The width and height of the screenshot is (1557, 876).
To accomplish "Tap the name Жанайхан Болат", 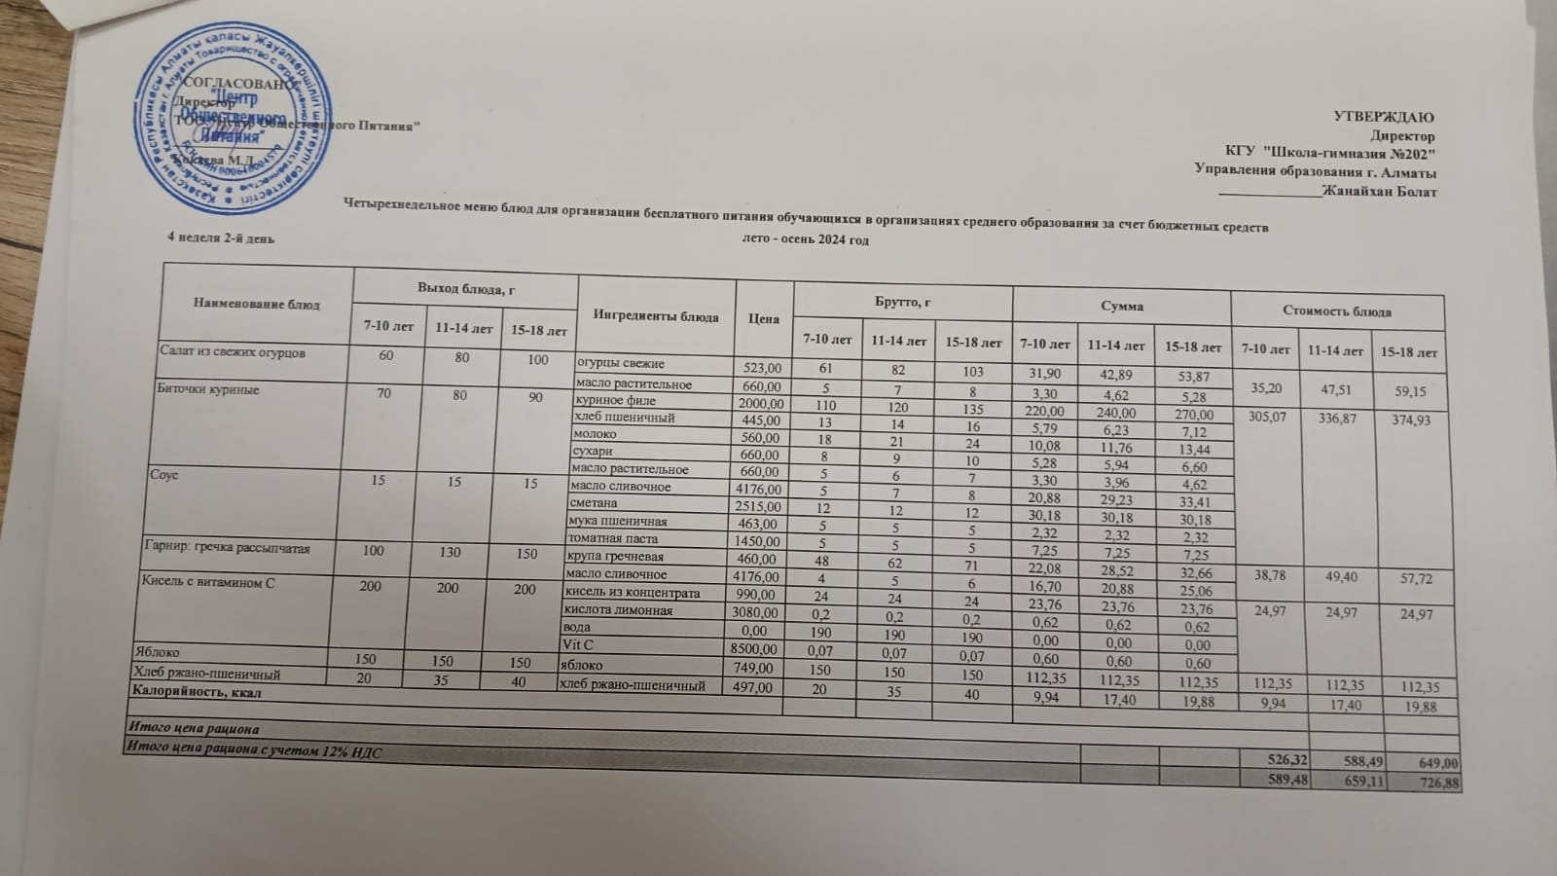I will coord(1380,192).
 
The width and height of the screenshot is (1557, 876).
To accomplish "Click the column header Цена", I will coord(764,317).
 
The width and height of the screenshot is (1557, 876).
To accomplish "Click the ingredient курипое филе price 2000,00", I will coord(759,402).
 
